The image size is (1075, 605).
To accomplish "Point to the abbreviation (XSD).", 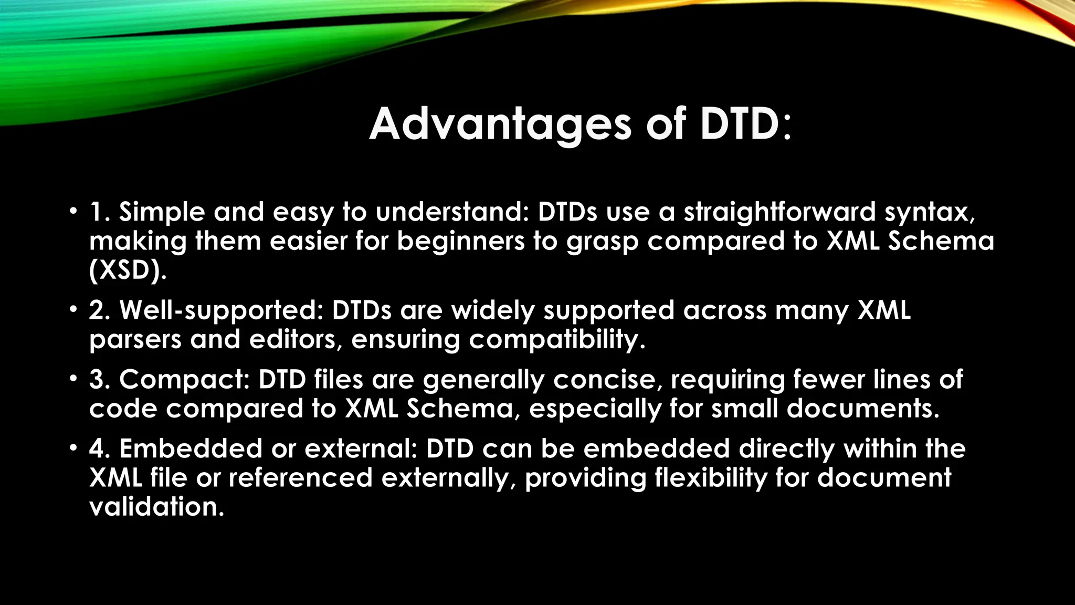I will [x=128, y=271].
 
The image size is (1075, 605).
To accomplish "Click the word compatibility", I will [x=557, y=340].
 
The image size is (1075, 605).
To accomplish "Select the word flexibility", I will [x=711, y=478].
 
